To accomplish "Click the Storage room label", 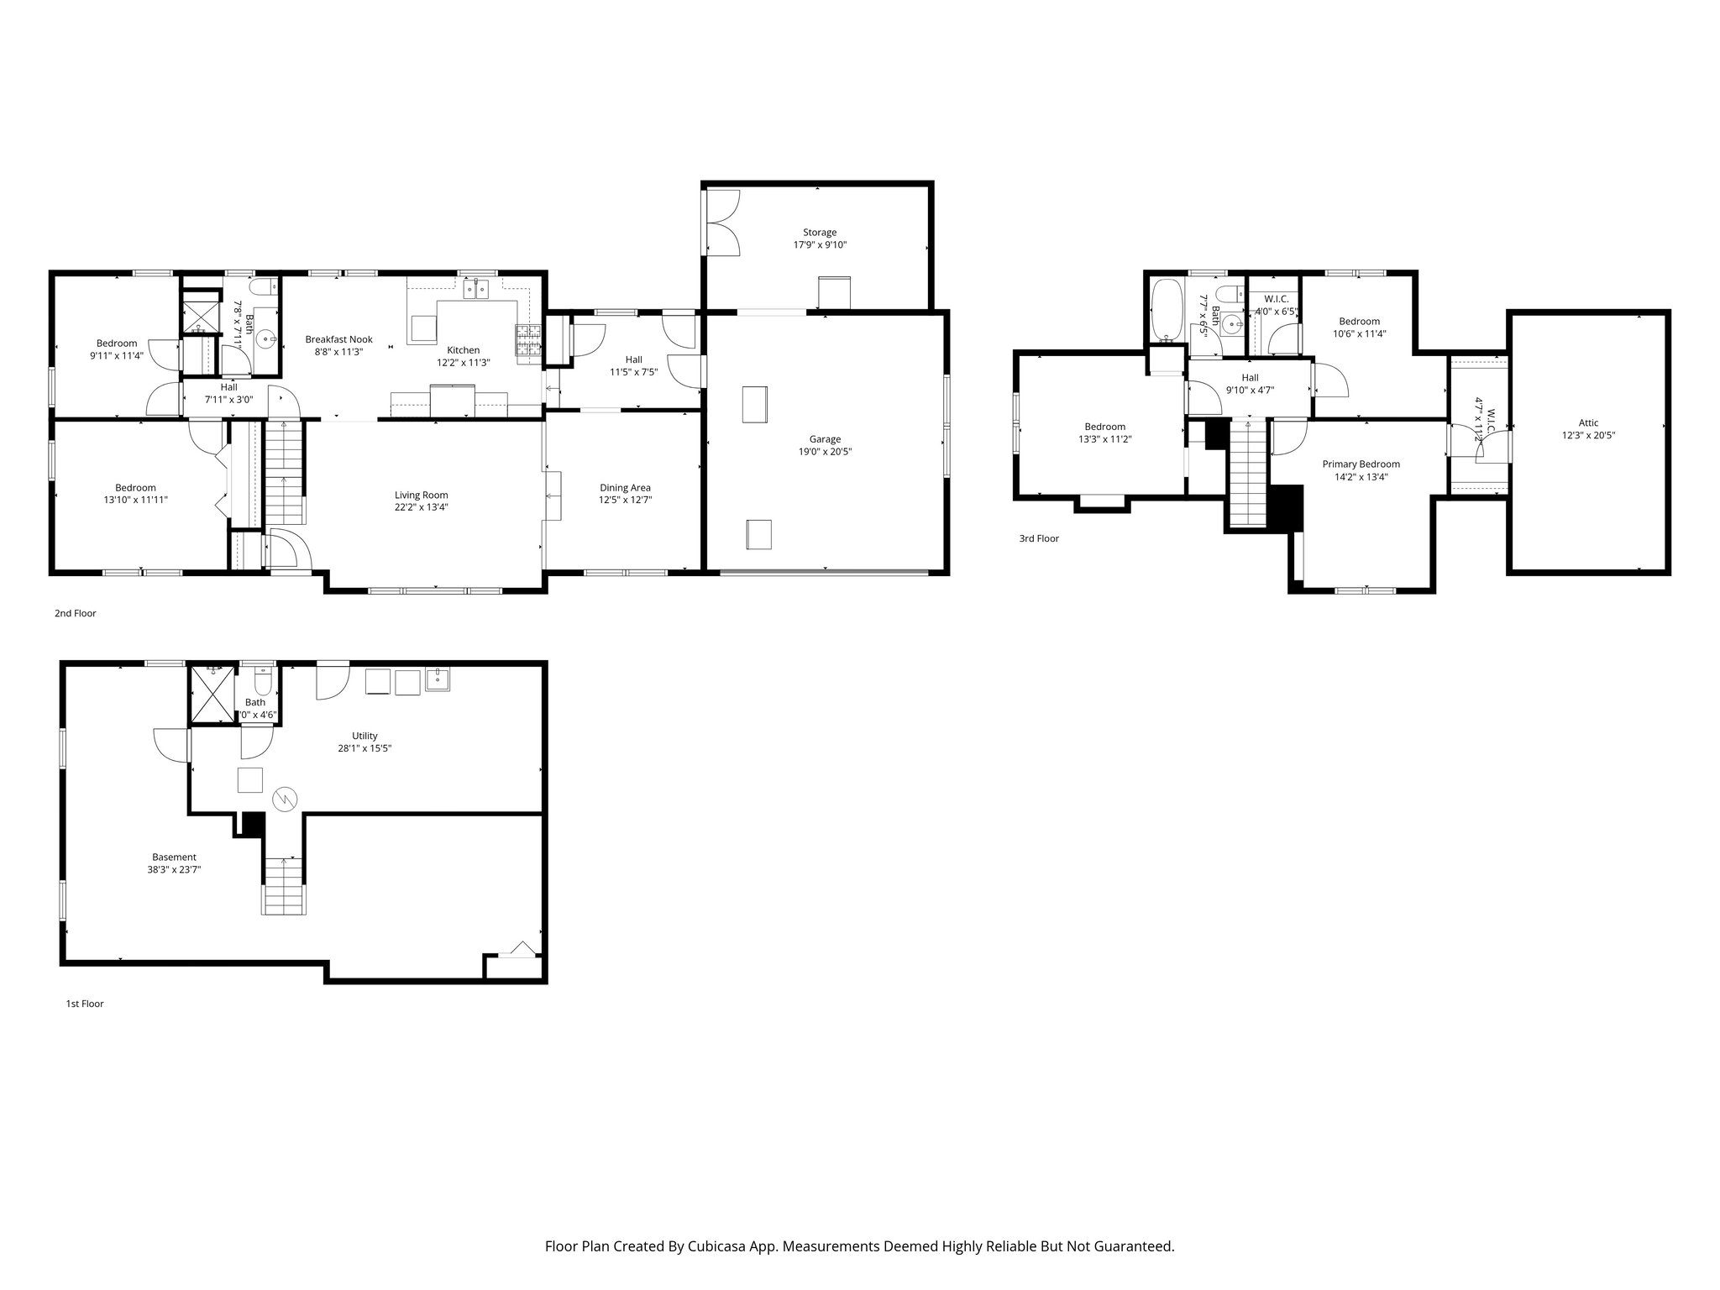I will point(819,233).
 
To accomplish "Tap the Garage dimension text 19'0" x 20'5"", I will point(825,452).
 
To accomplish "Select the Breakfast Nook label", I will point(338,339).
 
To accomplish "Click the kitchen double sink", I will point(475,289).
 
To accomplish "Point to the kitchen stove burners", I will point(528,340).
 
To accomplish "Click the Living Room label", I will point(421,495).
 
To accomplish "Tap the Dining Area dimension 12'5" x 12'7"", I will point(625,500).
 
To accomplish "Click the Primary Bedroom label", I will point(1361,464).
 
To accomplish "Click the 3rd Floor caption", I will point(1039,538).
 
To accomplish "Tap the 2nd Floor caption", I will point(76,613).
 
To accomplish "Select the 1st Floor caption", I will point(85,1004).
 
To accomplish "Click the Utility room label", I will point(364,736).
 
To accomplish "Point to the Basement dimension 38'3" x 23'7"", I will point(174,870).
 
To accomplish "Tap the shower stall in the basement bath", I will point(211,694).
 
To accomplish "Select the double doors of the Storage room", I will point(722,223).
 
